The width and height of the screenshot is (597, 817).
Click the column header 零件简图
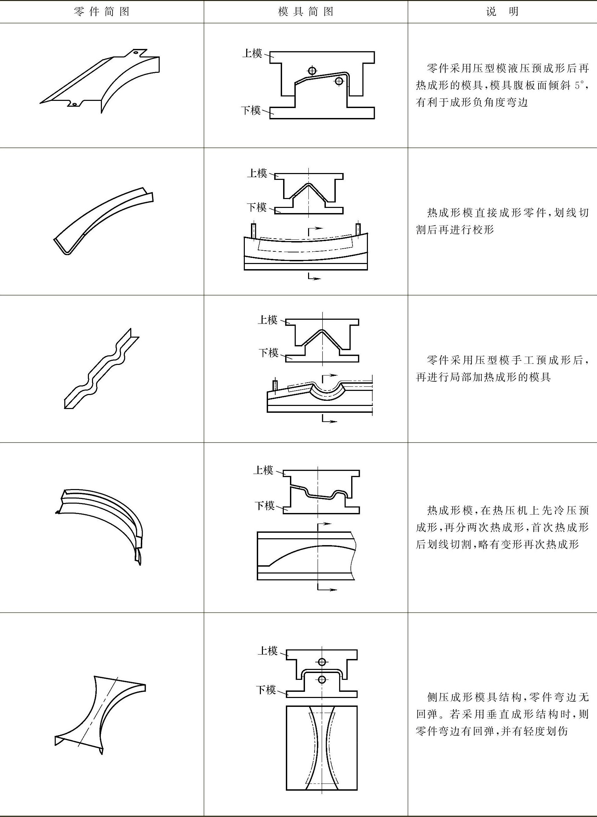(102, 12)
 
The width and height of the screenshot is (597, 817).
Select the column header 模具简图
(306, 12)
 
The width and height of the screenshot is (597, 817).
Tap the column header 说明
(502, 12)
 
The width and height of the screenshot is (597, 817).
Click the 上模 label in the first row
(252, 53)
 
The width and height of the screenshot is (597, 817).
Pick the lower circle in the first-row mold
(339, 81)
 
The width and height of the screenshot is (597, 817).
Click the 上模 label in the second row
(257, 173)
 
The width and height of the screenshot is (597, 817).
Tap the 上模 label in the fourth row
(263, 470)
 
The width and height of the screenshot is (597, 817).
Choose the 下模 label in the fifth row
(266, 690)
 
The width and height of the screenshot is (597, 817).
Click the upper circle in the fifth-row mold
(322, 662)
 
